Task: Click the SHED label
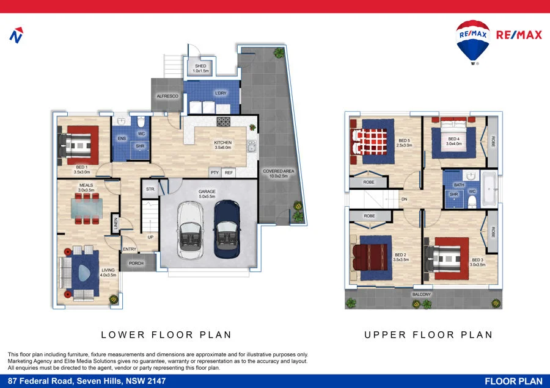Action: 201,66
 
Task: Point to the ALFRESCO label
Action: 167,96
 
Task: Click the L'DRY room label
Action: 221,93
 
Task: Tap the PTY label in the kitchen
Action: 215,173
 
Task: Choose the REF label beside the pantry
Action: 229,173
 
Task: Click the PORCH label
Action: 136,264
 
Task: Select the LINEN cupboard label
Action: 115,224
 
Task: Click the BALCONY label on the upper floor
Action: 421,294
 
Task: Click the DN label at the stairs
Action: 404,199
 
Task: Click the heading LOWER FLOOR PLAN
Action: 166,334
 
